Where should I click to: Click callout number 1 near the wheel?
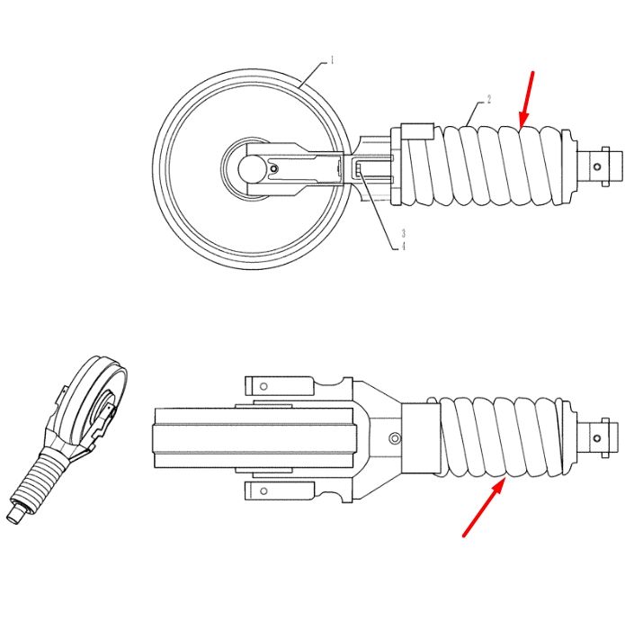click(x=332, y=60)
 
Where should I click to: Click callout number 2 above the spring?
click(x=489, y=99)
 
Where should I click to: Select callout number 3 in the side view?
click(x=404, y=233)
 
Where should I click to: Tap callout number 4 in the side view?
click(x=404, y=246)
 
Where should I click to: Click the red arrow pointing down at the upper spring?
click(x=526, y=99)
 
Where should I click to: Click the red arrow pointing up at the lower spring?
click(x=485, y=508)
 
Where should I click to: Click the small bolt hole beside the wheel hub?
click(x=275, y=168)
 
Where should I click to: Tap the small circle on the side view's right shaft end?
click(x=597, y=166)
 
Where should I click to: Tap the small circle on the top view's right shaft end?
click(x=597, y=438)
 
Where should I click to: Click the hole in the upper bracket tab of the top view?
click(x=263, y=386)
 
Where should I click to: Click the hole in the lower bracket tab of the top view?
click(x=263, y=490)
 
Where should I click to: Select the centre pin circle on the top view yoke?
click(x=395, y=438)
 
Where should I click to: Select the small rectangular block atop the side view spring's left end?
click(x=417, y=131)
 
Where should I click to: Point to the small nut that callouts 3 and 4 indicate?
click(x=359, y=168)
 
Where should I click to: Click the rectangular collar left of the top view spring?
click(x=419, y=438)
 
